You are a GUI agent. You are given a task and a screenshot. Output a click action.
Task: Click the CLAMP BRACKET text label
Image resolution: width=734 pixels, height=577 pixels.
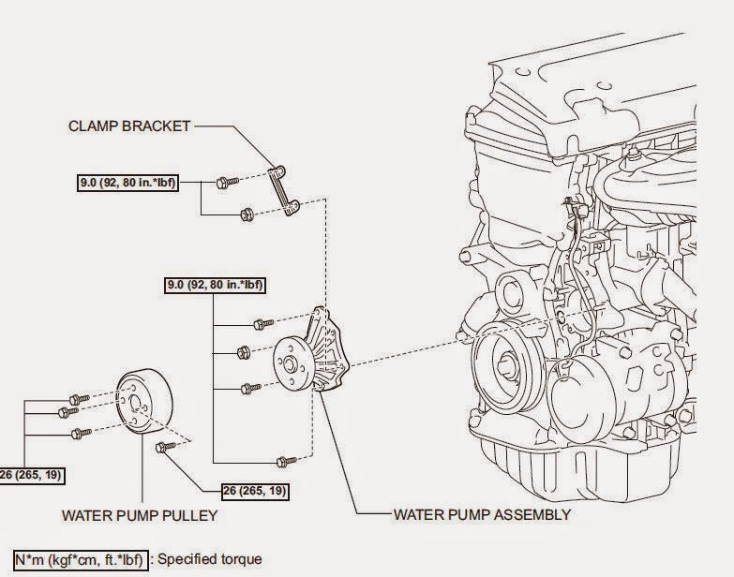[129, 126]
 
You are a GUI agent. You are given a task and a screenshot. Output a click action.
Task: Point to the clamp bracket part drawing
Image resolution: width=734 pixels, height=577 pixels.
[279, 192]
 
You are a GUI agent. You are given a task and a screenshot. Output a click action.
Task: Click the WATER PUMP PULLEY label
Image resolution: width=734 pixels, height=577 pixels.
[139, 514]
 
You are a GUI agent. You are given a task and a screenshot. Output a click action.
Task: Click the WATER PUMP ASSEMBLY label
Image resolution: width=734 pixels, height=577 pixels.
[482, 514]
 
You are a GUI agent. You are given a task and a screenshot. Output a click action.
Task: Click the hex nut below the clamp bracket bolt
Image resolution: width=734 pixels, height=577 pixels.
[246, 215]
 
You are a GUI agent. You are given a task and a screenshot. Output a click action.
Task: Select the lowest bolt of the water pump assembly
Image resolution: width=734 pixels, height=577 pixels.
[286, 460]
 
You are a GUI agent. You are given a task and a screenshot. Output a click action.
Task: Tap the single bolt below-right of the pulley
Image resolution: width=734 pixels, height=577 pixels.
[168, 449]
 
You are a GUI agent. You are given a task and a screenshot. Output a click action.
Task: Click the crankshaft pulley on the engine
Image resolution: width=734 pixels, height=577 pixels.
[507, 365]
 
